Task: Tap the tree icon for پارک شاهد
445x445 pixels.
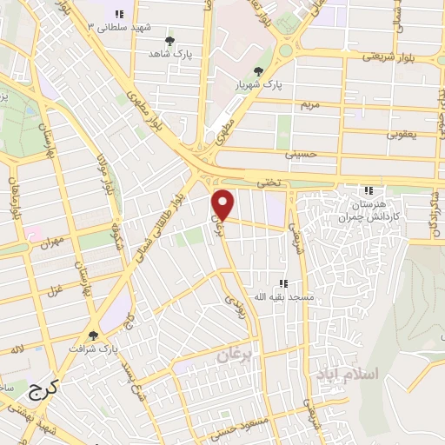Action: click(169, 42)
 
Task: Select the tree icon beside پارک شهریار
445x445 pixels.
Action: click(257, 72)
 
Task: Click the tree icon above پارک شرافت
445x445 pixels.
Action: click(93, 334)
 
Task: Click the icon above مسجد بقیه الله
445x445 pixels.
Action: click(282, 282)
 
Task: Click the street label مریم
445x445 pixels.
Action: click(311, 104)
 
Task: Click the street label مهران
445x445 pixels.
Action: click(46, 244)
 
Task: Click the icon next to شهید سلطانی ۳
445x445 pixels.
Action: click(119, 14)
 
